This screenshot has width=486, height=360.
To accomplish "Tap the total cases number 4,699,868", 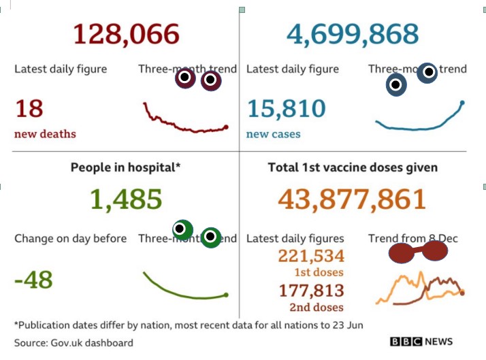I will pos(353,34).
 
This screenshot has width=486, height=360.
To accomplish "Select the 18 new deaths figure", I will pos(29,108).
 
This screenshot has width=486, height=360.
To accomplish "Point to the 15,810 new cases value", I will pos(286,108).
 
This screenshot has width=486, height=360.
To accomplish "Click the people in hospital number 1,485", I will pos(126,199).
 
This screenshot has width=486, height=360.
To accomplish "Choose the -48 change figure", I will pos(33,280).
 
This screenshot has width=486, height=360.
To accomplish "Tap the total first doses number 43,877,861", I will pos(352,199).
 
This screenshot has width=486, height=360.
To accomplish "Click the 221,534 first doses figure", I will pos(311,256).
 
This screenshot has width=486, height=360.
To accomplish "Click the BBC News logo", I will pos(421,342).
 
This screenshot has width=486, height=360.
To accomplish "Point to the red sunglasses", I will pos(416,253).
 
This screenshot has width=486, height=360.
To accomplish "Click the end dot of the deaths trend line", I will pos(226,127).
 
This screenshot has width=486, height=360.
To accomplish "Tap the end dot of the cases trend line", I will pos(462,103).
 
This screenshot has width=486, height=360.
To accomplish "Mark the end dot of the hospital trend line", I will pos(226,295).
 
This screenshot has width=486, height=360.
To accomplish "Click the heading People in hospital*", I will pos(126,167).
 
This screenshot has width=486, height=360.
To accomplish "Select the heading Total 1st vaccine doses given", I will pos(353,167).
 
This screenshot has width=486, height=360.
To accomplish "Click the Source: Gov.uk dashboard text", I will pos(74,343).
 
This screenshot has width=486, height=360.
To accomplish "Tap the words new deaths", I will pos(45,134).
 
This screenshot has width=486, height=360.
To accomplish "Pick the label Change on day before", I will pos(70,238).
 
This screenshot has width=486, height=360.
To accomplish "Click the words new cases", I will pos(273,134).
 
